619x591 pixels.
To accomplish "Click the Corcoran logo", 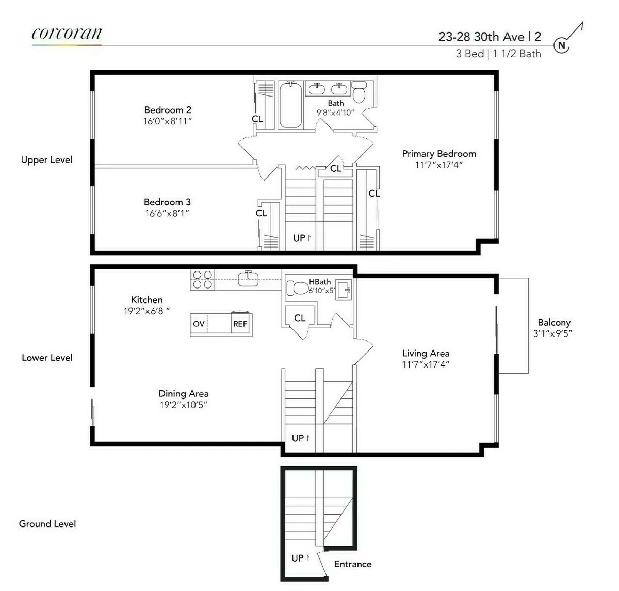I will [67, 34].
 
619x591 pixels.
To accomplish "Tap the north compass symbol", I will [562, 45].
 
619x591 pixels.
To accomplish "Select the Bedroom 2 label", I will [168, 110].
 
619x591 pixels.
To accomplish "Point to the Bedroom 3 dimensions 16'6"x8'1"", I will [167, 213].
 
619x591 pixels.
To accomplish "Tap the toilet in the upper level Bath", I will [359, 92].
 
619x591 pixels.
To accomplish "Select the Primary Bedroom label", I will [439, 154].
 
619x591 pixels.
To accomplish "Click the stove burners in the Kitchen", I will [202, 279].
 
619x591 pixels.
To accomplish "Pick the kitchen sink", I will [248, 279].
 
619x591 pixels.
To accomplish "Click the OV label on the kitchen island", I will [199, 324].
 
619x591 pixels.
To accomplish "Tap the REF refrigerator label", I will [240, 324].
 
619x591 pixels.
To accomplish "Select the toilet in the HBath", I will [297, 287].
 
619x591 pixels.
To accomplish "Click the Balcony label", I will [554, 323].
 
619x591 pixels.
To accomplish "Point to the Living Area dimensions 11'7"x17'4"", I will [426, 364].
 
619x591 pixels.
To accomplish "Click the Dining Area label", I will [183, 394].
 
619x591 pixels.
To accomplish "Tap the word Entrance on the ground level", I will [353, 564].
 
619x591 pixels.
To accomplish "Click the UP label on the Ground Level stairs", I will [298, 558].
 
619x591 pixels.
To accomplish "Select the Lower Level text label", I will [47, 358].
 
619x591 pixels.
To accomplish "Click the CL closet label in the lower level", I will [300, 318].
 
